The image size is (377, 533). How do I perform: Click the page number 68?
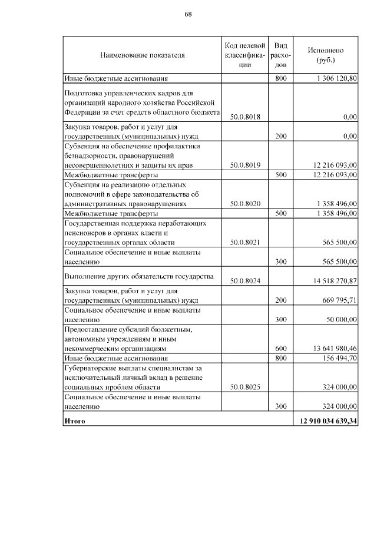[188, 14]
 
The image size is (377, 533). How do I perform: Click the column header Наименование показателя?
[142, 55]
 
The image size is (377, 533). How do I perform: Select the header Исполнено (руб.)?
[326, 55]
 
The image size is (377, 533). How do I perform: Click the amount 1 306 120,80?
[336, 78]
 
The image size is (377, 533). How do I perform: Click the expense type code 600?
[280, 348]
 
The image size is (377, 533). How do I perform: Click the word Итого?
[75, 421]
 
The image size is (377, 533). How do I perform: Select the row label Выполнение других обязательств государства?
[138, 276]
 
